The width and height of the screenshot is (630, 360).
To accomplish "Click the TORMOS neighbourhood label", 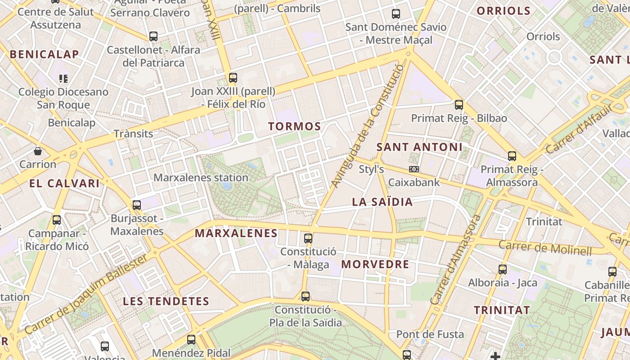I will (295, 126).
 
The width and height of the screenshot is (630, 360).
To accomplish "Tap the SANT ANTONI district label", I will (419, 147).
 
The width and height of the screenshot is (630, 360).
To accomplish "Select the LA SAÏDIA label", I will (382, 202).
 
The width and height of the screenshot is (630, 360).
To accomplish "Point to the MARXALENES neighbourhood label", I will (236, 233).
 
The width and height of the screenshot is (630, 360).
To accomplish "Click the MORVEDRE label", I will (375, 264).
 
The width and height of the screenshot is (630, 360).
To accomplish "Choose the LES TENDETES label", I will (166, 301).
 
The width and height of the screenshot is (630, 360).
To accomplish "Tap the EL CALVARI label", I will (64, 184).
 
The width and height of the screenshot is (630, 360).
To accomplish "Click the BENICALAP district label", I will (44, 54).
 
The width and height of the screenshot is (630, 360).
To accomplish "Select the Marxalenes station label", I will (201, 178).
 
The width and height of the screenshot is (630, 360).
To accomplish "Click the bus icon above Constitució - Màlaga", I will (308, 238).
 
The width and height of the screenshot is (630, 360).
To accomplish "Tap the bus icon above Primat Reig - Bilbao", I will (459, 105).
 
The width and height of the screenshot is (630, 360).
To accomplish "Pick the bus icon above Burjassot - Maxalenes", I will (137, 205).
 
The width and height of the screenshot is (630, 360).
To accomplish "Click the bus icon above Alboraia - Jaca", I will (503, 270).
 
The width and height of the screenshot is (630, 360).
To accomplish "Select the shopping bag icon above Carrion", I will (38, 151).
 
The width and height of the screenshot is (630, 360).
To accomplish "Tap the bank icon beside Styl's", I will (414, 169).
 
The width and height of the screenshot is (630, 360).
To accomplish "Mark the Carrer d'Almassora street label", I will (455, 260).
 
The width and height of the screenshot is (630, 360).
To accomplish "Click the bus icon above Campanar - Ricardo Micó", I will (57, 220).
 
